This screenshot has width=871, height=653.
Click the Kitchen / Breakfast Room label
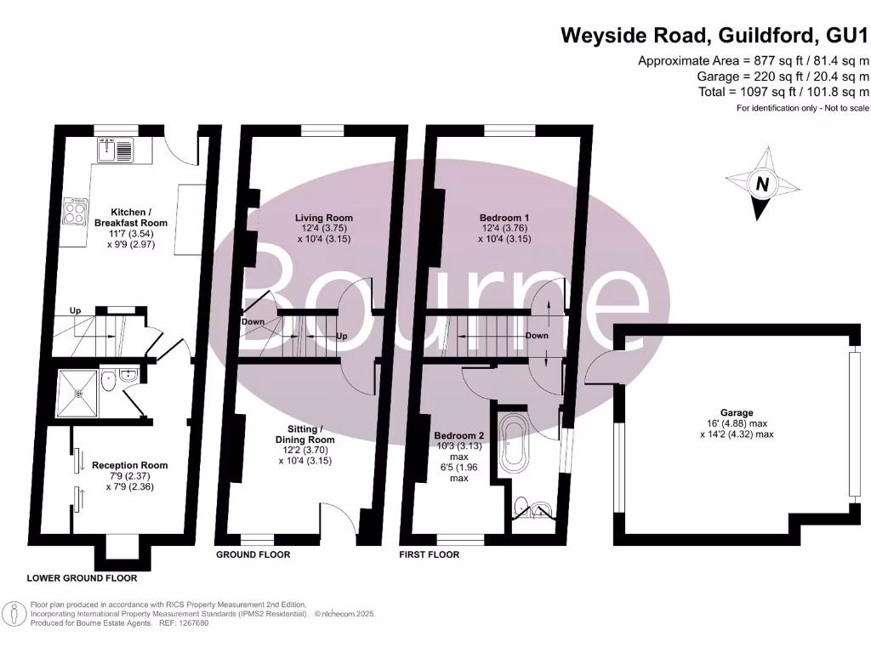131,217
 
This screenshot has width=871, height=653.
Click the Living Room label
318,218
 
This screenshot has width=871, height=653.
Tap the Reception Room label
130,465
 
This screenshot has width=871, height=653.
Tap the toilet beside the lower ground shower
108,384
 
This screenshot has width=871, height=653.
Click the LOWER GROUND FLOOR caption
82,578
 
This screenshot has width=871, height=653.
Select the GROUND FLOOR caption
253,554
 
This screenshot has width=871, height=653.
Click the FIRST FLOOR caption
430,554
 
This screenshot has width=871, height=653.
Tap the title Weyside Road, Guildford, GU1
714,36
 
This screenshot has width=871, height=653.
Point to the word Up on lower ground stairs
75,311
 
